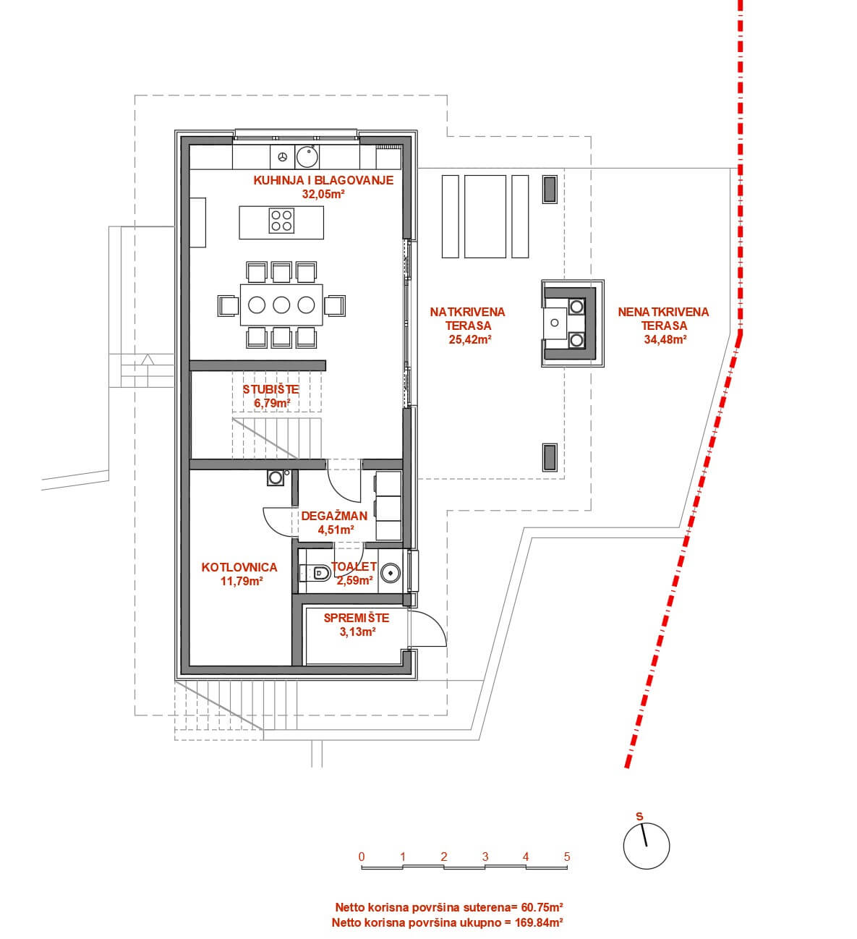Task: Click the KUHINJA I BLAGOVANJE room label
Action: (323, 180)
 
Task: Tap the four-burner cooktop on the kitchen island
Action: (281, 221)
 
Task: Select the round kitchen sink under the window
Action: (307, 156)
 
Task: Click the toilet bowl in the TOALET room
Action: (320, 572)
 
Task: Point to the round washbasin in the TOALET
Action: (390, 572)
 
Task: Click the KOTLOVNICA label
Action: (239, 567)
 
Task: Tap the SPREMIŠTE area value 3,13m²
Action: (357, 632)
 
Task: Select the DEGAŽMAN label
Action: (334, 516)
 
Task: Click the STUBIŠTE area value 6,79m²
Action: (271, 402)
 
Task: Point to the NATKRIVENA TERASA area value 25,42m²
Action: (469, 339)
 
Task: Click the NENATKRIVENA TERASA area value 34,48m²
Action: (665, 339)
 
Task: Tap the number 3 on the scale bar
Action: (485, 857)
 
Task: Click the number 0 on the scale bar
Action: (362, 857)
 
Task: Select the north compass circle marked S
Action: (647, 846)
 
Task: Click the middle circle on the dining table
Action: (281, 305)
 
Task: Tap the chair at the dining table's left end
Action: (229, 305)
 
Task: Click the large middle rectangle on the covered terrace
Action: (485, 217)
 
